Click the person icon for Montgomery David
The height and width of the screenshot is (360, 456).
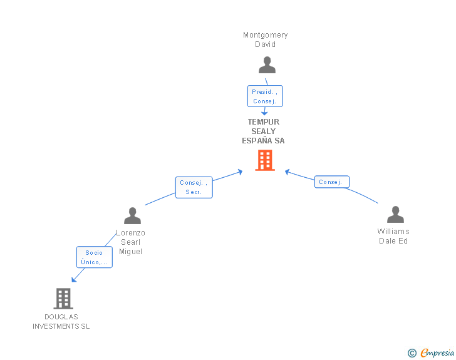(x=267, y=65)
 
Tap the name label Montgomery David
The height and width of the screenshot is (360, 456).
(x=265, y=39)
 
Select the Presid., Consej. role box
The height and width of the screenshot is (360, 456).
(x=265, y=96)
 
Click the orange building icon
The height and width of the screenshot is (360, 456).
(x=265, y=160)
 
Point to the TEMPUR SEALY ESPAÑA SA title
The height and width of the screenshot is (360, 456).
(x=264, y=131)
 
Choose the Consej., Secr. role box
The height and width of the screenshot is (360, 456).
(x=194, y=187)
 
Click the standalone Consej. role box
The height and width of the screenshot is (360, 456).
(x=331, y=182)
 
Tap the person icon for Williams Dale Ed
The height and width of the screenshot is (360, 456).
(x=395, y=214)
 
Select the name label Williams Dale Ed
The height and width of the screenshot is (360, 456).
(x=393, y=236)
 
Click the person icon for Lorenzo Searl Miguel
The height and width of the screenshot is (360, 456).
(x=132, y=215)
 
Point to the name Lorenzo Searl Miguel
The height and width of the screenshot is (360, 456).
(x=130, y=242)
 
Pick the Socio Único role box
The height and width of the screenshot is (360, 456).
(x=94, y=257)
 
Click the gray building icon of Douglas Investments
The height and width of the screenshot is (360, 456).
(x=63, y=299)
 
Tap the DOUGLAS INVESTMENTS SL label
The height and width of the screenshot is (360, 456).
(x=61, y=322)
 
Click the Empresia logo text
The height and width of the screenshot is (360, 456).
(x=437, y=352)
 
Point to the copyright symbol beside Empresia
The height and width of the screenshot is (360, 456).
(x=412, y=353)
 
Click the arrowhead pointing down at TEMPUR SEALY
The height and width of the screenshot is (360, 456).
(x=264, y=113)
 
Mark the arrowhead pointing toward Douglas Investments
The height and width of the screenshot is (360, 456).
(x=74, y=279)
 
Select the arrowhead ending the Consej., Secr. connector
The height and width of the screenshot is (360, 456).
(x=241, y=172)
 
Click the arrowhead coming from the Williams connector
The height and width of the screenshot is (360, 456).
(x=288, y=172)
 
